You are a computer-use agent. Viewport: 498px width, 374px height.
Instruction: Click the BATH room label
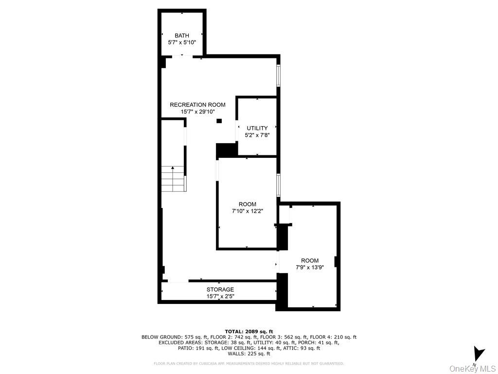click(182, 36)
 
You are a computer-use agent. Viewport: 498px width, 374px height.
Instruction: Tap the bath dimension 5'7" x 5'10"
click(182, 42)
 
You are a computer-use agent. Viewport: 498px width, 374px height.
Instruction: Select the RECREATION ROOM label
click(197, 105)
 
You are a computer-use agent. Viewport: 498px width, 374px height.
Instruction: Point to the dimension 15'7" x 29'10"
click(197, 112)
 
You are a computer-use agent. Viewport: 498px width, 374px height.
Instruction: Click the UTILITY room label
click(257, 128)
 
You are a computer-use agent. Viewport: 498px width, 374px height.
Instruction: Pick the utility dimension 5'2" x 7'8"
click(257, 135)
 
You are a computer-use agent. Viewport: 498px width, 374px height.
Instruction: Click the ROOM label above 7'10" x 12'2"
click(247, 204)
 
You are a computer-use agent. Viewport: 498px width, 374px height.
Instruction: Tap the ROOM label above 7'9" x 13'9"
click(310, 261)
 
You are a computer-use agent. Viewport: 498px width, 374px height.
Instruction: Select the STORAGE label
click(220, 289)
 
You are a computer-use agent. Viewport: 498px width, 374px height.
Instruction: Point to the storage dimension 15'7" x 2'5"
click(220, 296)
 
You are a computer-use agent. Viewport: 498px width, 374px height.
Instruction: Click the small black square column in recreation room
click(219, 121)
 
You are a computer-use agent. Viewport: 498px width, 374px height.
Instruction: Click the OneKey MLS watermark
click(473, 368)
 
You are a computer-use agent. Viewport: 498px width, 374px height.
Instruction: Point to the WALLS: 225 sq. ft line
click(249, 354)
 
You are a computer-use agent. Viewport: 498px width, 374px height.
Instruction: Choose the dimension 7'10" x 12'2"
click(247, 211)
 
